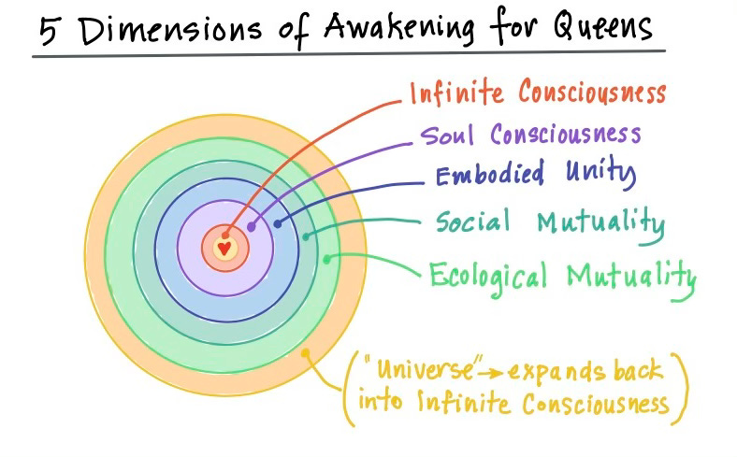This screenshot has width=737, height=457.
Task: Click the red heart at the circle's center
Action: point(224,249)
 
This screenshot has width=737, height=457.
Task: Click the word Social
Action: point(472,222)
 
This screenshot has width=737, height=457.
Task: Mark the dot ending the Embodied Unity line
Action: point(278,224)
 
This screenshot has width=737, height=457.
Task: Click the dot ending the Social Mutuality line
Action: point(306,236)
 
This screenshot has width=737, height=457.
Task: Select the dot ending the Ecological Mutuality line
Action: point(326,257)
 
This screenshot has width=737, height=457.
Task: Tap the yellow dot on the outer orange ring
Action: point(305,353)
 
